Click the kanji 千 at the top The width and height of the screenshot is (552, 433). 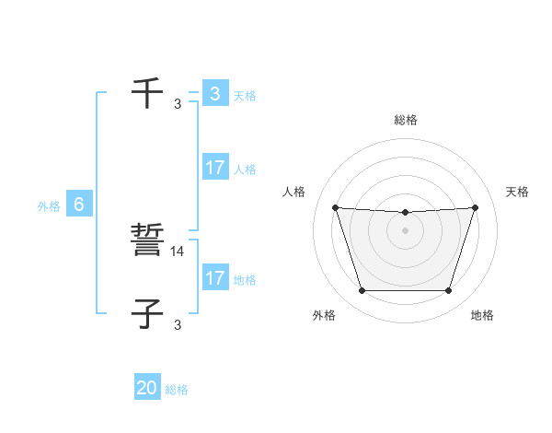[x=147, y=93]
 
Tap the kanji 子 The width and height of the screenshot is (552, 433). [x=147, y=313]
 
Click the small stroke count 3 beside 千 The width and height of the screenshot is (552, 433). [x=178, y=103]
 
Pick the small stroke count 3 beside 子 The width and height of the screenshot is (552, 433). [x=178, y=324]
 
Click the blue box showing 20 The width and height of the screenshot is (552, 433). [x=147, y=388]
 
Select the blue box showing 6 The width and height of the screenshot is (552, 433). [x=79, y=205]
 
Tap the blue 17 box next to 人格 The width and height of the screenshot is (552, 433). [x=214, y=168]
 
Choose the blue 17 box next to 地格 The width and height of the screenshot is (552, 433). [x=214, y=277]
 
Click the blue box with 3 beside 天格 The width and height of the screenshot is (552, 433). [x=214, y=93]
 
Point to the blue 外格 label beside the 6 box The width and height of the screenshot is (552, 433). [x=49, y=206]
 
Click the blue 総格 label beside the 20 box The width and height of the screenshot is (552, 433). [x=177, y=390]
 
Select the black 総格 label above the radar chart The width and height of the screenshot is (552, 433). [x=406, y=120]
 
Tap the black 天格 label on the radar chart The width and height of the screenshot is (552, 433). [x=517, y=192]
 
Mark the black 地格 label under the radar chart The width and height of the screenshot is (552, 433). [x=482, y=315]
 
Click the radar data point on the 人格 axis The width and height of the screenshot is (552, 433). [x=335, y=207]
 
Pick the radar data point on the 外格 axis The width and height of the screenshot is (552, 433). [x=362, y=291]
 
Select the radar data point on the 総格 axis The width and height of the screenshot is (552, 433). [x=405, y=213]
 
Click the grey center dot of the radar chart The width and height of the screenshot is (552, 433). [x=405, y=229]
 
